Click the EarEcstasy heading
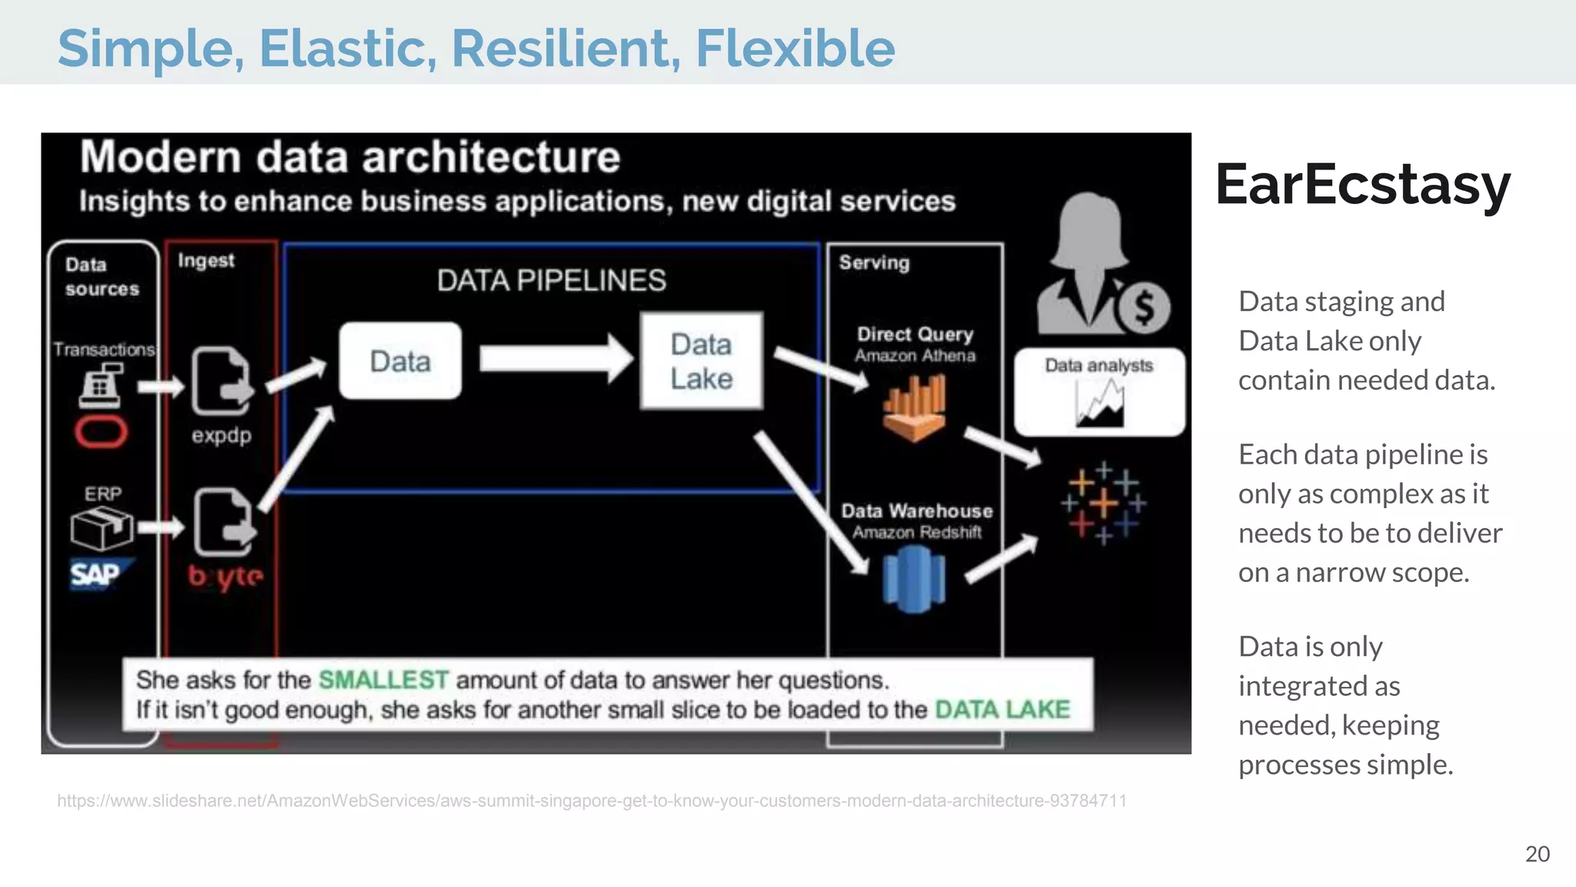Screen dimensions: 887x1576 pyautogui.click(x=1363, y=186)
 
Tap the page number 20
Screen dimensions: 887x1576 pyautogui.click(x=1537, y=854)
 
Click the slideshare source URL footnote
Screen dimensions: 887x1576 pyautogui.click(x=591, y=801)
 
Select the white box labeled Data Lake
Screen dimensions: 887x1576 pyautogui.click(x=701, y=361)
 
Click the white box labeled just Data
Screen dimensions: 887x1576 pyautogui.click(x=400, y=361)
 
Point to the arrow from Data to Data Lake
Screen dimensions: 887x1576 pyautogui.click(x=554, y=359)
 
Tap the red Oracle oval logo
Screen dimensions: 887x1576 pyautogui.click(x=101, y=432)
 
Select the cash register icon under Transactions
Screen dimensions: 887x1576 pyautogui.click(x=101, y=386)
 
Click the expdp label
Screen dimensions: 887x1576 pyautogui.click(x=222, y=436)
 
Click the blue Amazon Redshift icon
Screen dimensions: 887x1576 pyautogui.click(x=913, y=579)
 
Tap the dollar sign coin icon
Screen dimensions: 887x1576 pyautogui.click(x=1144, y=307)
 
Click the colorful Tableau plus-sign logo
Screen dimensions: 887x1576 pyautogui.click(x=1104, y=504)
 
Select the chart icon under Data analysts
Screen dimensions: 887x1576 pyautogui.click(x=1100, y=403)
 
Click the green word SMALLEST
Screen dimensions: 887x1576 pyautogui.click(x=383, y=680)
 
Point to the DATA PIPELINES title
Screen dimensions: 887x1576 pyautogui.click(x=551, y=281)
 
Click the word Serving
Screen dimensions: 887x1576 pyautogui.click(x=874, y=263)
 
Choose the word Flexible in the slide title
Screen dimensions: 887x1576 pyautogui.click(x=795, y=49)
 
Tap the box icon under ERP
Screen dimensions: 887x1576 pyautogui.click(x=101, y=528)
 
